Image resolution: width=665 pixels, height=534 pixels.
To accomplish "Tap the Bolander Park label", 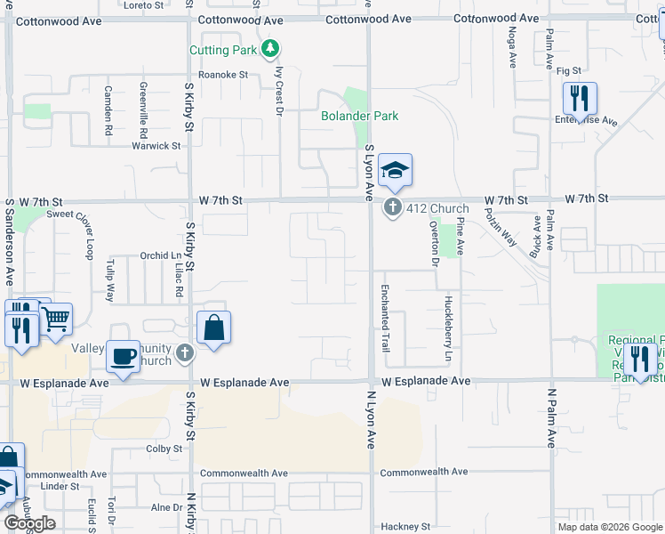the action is coord(359,116).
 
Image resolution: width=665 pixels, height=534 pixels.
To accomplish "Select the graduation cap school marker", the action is coord(395,169).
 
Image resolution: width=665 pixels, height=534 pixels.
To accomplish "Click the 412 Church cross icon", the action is coord(393,207).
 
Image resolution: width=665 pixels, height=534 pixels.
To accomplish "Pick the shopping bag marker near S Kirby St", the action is coord(214,328).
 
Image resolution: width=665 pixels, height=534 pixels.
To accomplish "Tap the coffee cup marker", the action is coord(124,356).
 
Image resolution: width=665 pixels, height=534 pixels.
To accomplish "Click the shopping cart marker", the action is coord(56,318).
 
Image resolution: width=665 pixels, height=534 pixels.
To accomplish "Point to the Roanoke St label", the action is coord(222,75).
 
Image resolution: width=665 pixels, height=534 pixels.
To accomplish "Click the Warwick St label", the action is coord(156,146).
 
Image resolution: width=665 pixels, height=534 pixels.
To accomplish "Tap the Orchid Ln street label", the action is coord(161,255).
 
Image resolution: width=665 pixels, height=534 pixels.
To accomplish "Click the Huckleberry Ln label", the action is coord(448,328).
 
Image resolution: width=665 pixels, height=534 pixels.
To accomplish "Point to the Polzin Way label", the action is coord(501,227).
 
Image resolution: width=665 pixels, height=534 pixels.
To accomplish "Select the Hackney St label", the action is coord(405,527).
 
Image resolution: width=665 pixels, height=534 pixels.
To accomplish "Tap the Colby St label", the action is coord(164,449).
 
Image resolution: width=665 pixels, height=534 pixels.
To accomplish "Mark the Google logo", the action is coord(29,523).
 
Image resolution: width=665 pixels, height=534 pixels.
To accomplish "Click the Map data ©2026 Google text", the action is coord(609,527).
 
